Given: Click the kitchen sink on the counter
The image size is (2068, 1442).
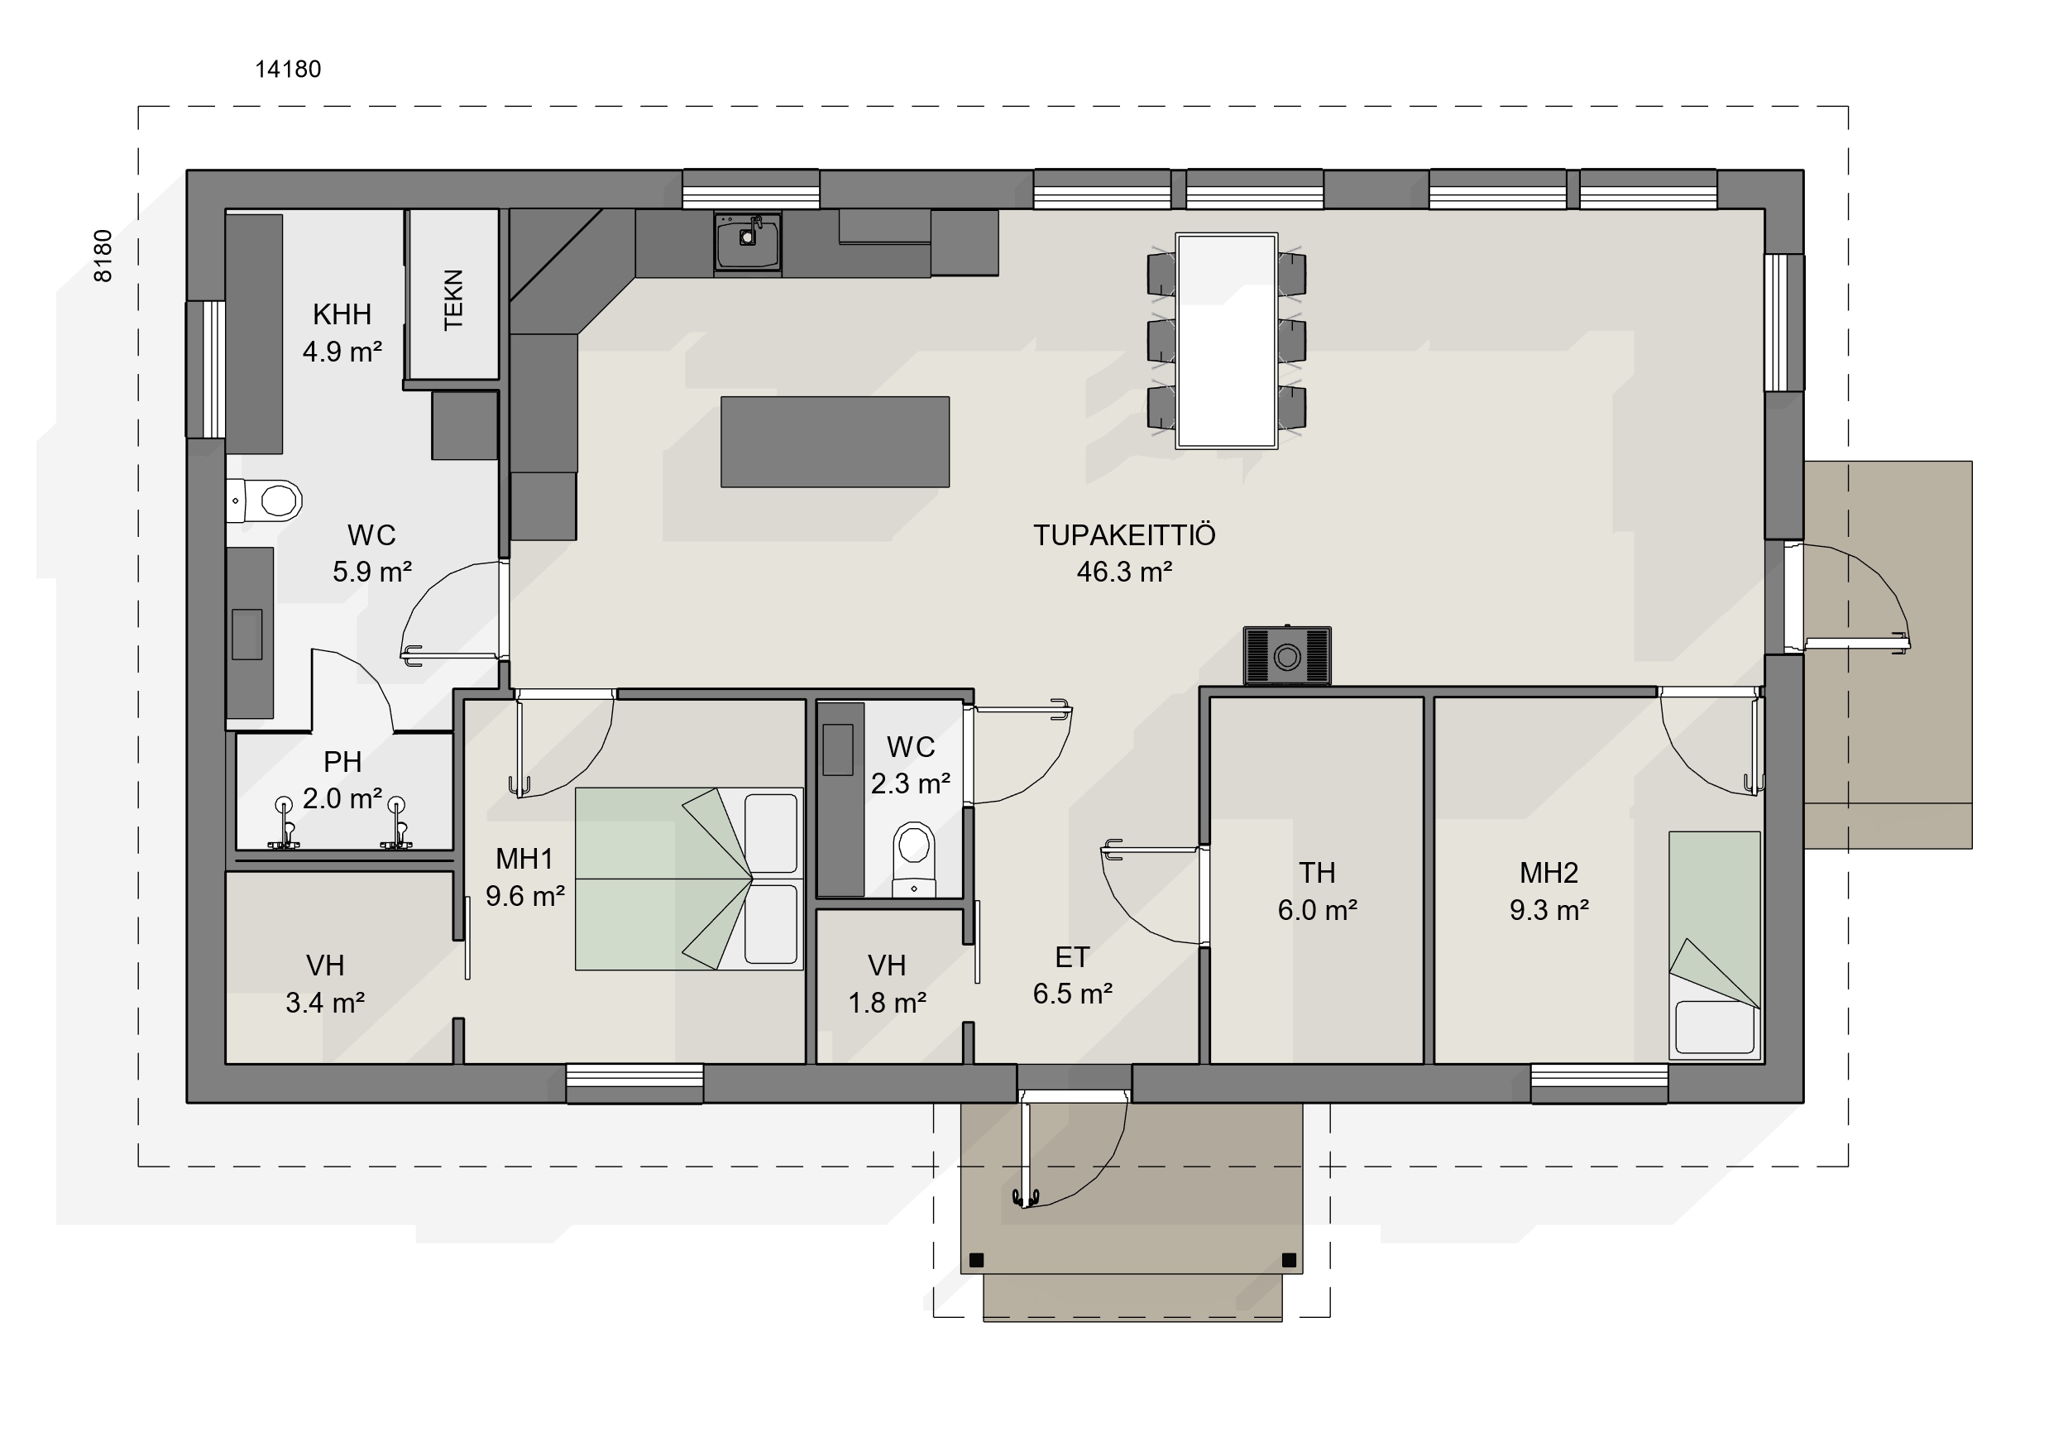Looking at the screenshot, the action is click(748, 242).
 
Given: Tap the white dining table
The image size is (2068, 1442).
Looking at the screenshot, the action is click(1227, 341).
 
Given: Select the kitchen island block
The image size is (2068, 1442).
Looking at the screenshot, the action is click(835, 441).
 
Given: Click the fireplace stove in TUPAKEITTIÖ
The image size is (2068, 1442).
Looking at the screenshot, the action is click(1287, 656).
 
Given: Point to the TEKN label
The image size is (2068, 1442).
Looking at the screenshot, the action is click(453, 300).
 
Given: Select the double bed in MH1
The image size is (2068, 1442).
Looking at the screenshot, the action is click(689, 879).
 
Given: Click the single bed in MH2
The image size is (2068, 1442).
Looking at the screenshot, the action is click(1715, 945).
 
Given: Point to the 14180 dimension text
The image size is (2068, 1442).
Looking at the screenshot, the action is click(288, 69).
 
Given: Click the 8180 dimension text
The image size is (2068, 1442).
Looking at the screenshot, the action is click(103, 256).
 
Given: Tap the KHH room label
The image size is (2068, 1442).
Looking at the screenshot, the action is click(342, 314).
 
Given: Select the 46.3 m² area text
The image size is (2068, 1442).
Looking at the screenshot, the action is click(1124, 571).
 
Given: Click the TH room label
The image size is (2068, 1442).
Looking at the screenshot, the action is click(1317, 873).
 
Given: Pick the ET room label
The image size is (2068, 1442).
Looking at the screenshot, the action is click(1073, 956).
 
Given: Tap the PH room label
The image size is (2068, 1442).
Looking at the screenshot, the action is click(342, 762).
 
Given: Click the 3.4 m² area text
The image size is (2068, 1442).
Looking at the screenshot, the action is click(325, 1002).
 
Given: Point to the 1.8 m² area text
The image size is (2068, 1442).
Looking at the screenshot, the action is click(888, 1002).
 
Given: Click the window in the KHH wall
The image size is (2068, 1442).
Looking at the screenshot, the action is click(205, 369).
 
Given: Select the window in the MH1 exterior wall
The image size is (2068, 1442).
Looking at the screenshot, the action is click(635, 1084).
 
